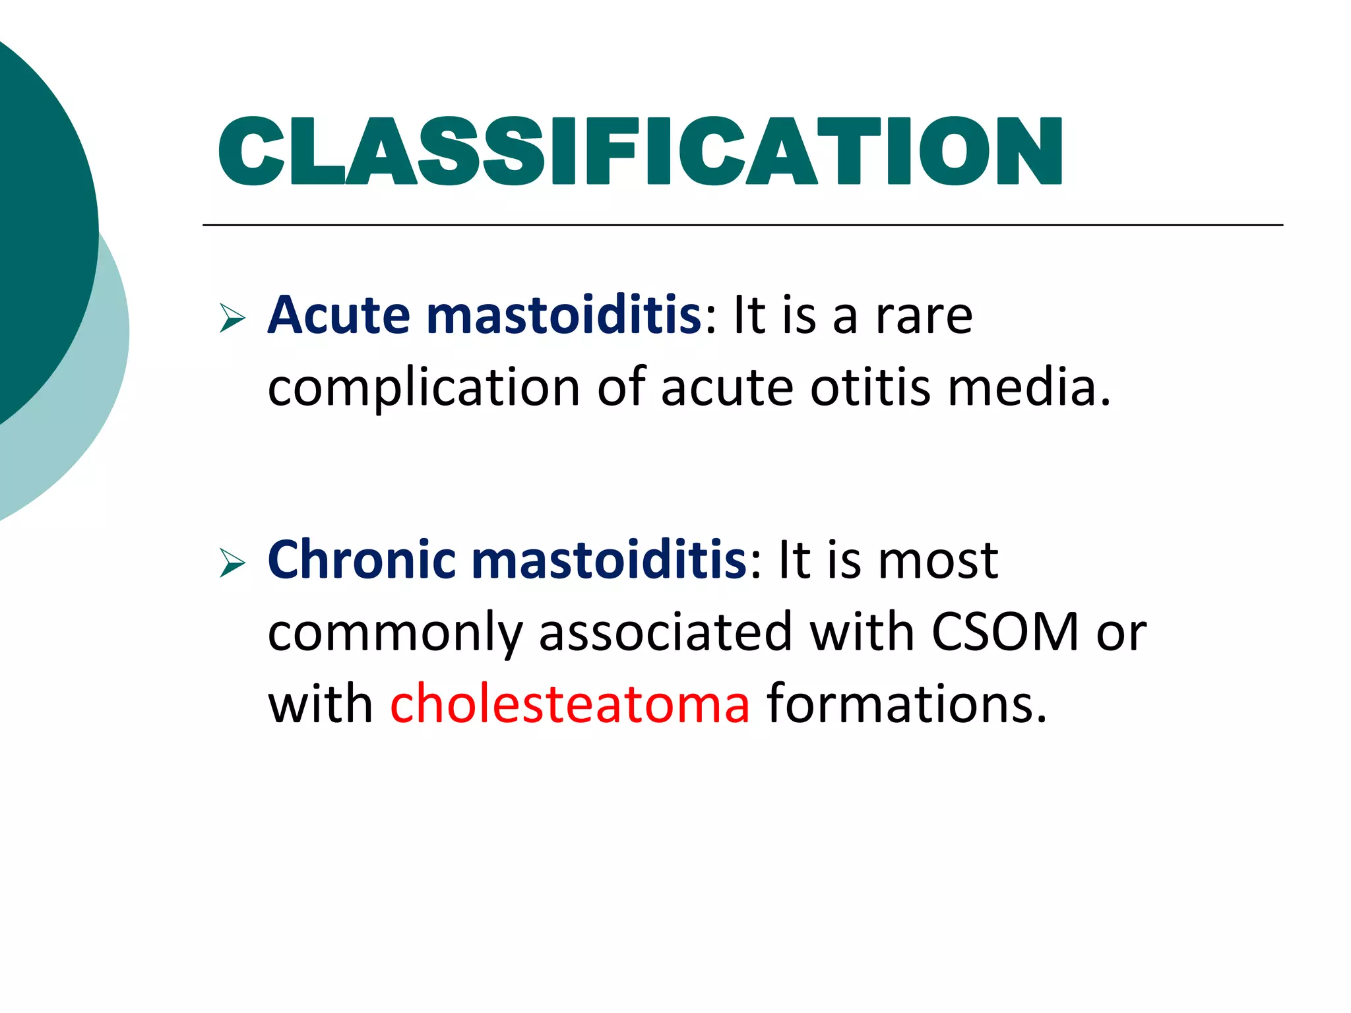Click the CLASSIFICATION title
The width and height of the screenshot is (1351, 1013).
[x=640, y=152]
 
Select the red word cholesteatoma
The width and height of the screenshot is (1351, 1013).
[x=570, y=704]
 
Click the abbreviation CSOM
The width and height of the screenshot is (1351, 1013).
[x=1005, y=632]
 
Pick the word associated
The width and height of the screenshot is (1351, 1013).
[x=665, y=632]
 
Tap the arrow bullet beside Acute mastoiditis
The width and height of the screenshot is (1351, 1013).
[x=232, y=319]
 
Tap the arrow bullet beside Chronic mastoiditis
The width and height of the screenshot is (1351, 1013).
[x=232, y=563]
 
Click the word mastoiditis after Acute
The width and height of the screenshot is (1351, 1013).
[x=564, y=315]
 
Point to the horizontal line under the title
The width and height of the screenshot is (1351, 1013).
[x=742, y=226]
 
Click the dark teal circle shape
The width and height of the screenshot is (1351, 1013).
[x=40, y=218]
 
